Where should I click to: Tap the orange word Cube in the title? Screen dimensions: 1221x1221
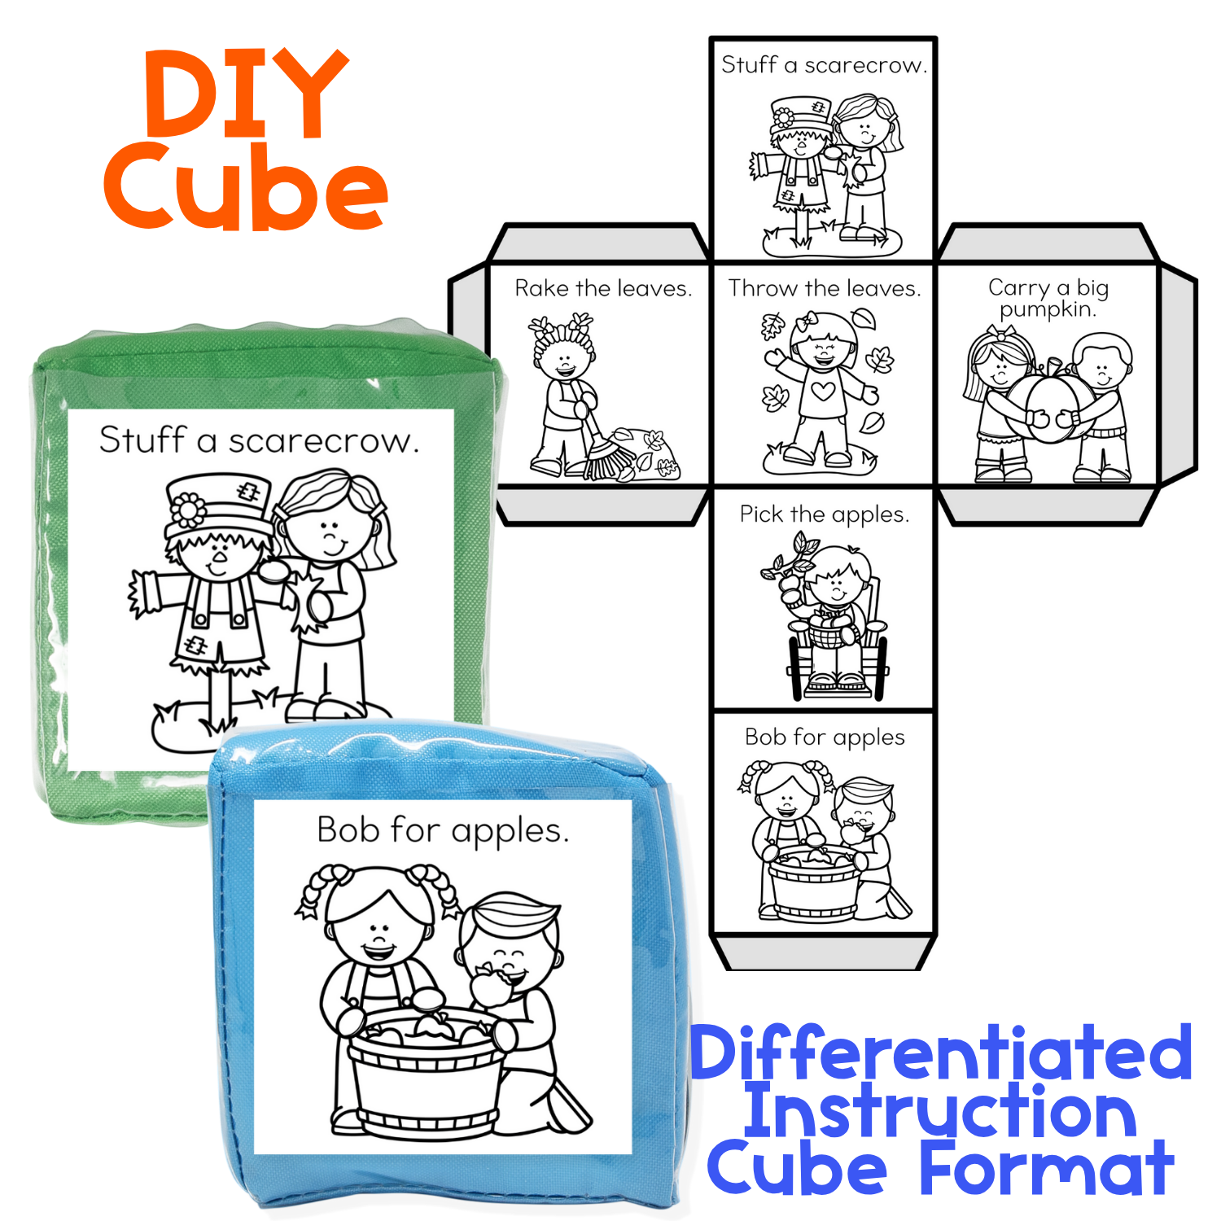pos(245,186)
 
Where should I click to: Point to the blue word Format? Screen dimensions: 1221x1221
pos(1047,1168)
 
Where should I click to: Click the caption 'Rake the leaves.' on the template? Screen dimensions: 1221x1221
pos(603,288)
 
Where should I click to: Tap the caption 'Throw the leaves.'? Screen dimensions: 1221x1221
pos(825,288)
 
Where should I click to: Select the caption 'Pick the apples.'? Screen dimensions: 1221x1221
pos(825,514)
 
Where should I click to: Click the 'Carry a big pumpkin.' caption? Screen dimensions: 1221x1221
pos(1048,298)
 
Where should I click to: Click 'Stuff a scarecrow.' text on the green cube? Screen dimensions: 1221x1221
pos(259,440)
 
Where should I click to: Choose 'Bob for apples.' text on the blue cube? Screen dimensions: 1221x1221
pos(442,831)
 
